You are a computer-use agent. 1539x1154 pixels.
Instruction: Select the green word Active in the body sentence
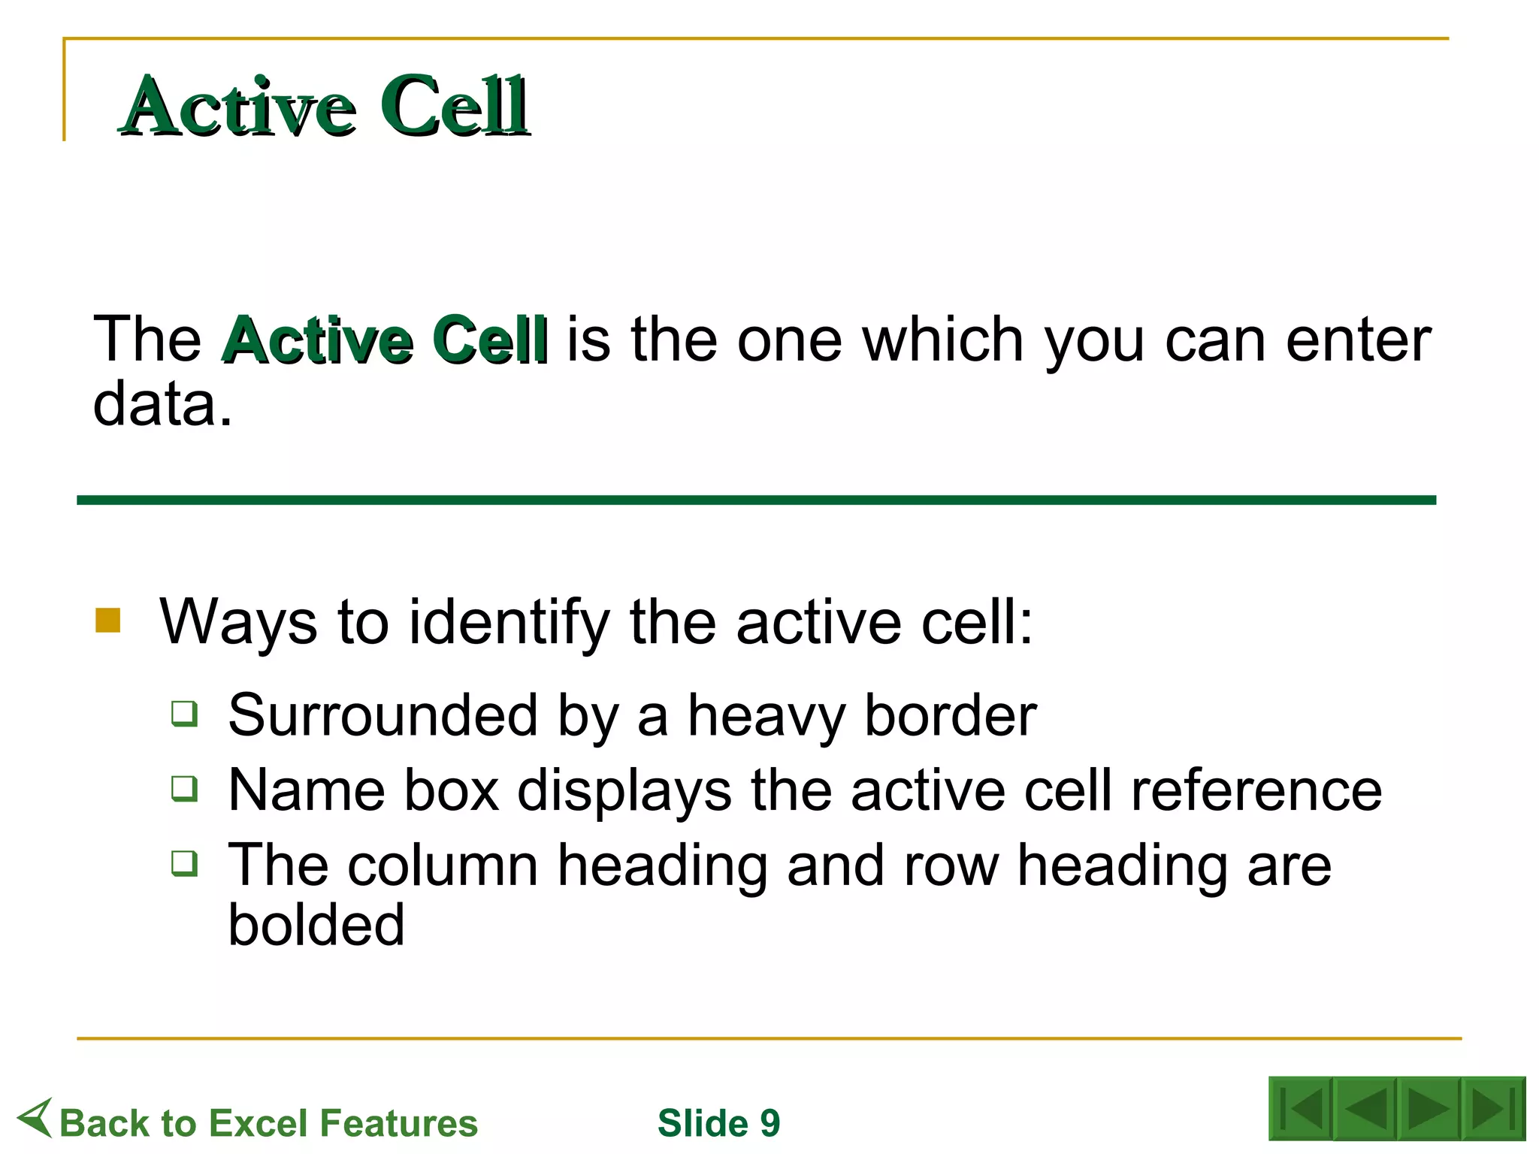(318, 340)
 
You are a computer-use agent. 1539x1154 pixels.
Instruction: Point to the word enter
(1358, 340)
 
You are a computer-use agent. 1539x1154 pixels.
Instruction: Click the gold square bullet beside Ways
(108, 621)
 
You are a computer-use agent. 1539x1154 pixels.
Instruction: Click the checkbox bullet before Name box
(184, 788)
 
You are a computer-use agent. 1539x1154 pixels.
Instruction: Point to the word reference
(1256, 790)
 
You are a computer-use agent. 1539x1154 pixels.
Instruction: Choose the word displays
(624, 790)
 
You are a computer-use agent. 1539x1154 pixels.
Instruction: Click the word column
(443, 865)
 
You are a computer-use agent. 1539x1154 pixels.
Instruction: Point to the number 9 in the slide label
(769, 1123)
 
